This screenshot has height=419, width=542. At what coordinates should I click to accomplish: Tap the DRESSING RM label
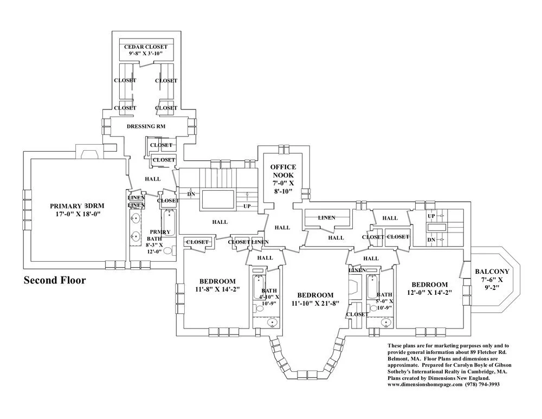pyautogui.click(x=146, y=126)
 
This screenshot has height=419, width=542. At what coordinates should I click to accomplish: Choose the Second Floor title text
pyautogui.click(x=54, y=281)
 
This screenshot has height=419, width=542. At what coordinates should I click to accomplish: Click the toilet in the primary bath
pyautogui.click(x=169, y=252)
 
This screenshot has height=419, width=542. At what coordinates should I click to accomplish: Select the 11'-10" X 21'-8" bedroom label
pyautogui.click(x=315, y=299)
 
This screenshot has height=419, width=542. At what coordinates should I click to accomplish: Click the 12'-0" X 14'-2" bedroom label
pyautogui.click(x=429, y=289)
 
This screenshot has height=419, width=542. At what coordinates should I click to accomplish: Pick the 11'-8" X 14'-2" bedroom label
pyautogui.click(x=217, y=285)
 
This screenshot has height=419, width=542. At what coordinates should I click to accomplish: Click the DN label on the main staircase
pyautogui.click(x=191, y=194)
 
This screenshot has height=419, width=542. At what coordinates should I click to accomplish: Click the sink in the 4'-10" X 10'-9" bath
pyautogui.click(x=273, y=323)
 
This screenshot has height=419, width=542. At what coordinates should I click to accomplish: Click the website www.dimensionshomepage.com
pyautogui.click(x=425, y=384)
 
